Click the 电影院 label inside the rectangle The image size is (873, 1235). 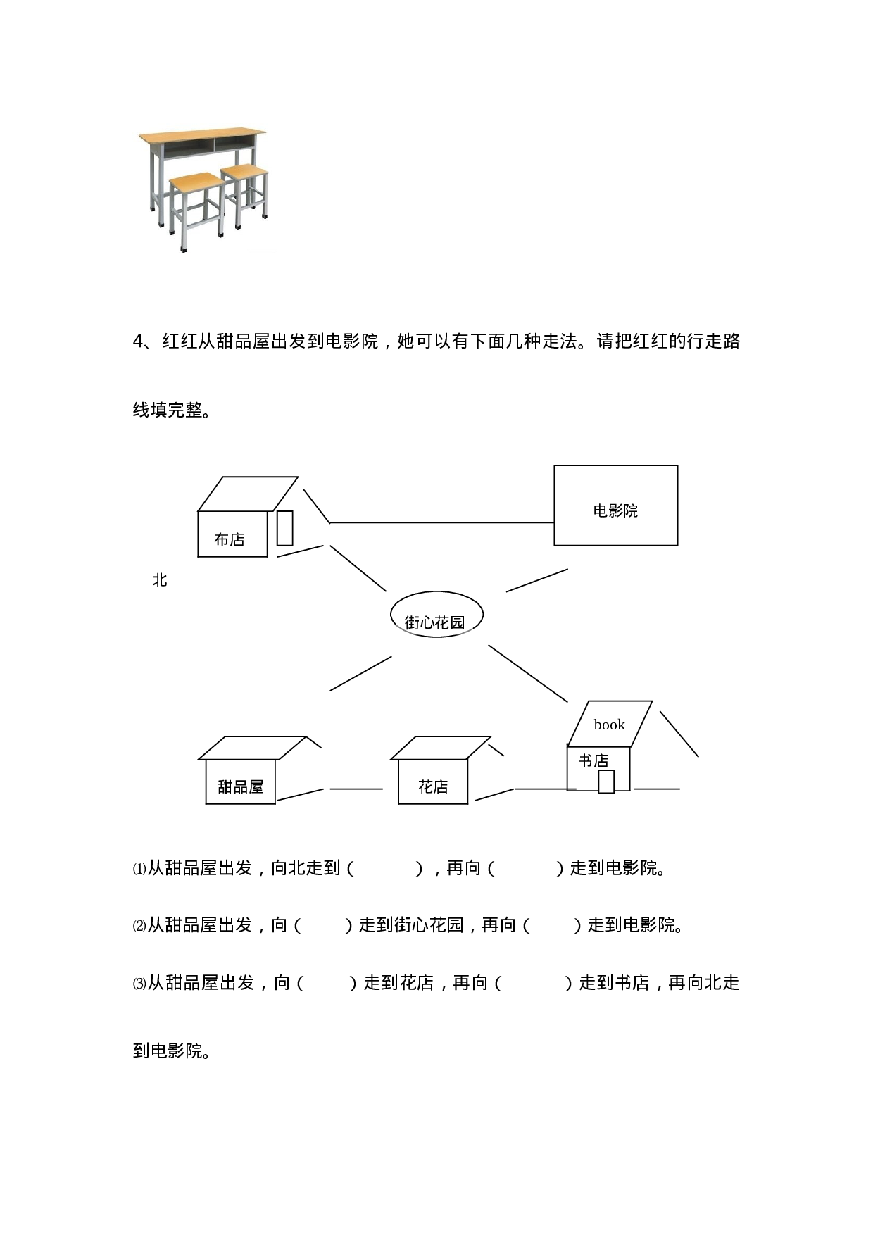point(615,510)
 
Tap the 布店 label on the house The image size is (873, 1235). point(230,539)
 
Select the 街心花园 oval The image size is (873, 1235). point(437,614)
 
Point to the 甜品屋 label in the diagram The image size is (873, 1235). point(240,786)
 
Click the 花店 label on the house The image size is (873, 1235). point(433,786)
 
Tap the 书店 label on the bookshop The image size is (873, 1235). point(593,760)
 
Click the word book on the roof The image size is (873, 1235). point(609,725)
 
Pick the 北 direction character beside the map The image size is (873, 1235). point(160,579)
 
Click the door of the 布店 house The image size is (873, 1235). point(284,528)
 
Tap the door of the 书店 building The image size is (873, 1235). point(606,782)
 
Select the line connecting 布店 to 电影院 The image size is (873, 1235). point(442,522)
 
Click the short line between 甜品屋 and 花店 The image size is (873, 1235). point(356,789)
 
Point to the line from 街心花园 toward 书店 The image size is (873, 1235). point(528,674)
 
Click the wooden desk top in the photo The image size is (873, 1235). point(203,134)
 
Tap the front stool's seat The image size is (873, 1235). point(196,182)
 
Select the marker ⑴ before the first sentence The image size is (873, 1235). point(139,869)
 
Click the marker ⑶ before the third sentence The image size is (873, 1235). point(139,984)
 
